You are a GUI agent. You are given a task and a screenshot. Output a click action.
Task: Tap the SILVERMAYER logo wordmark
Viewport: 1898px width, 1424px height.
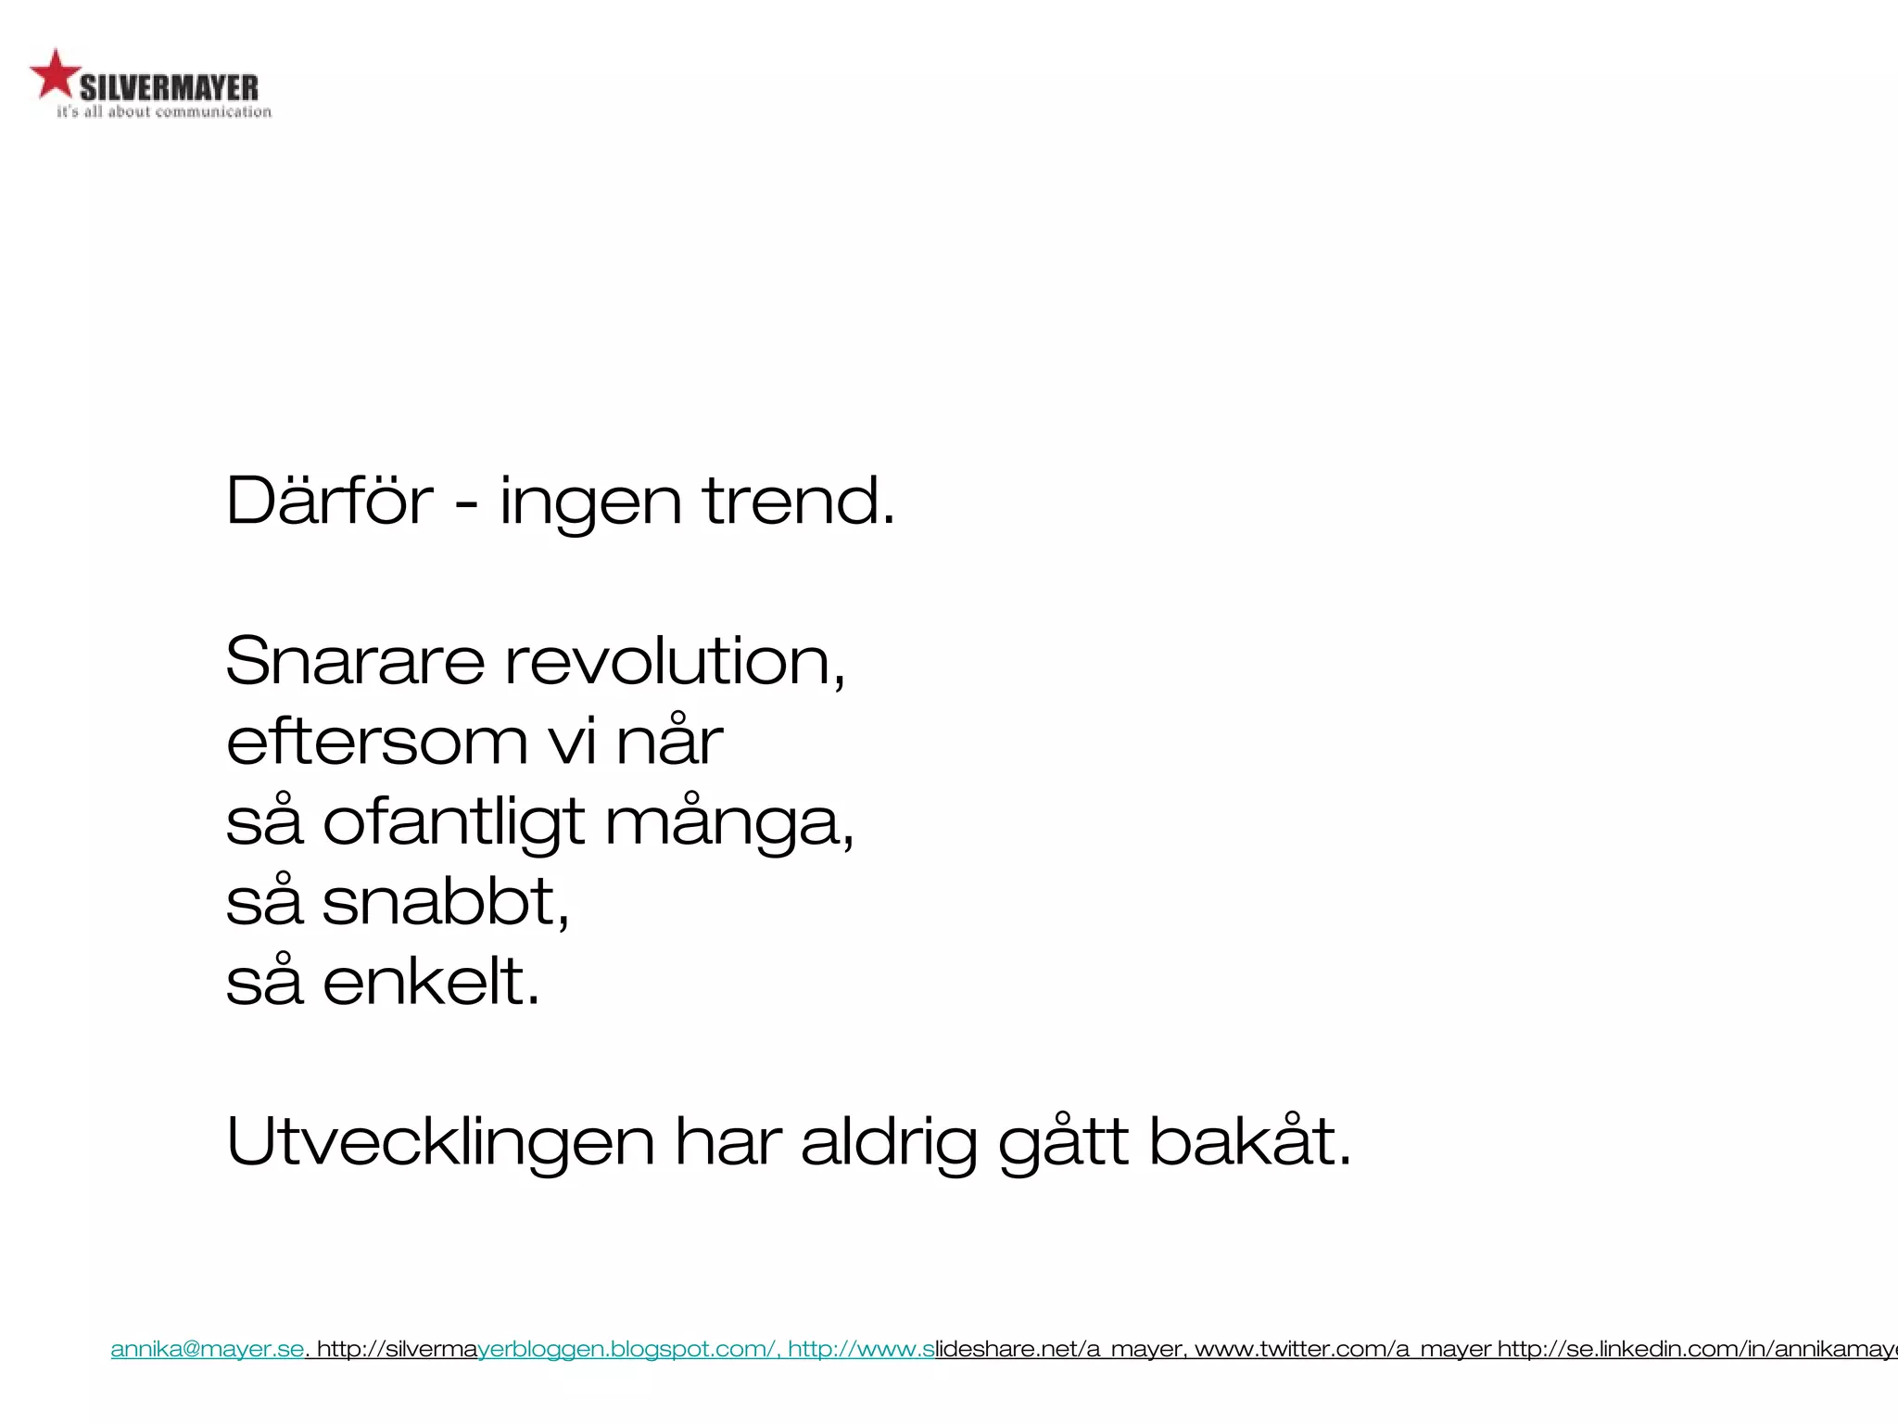pos(169,89)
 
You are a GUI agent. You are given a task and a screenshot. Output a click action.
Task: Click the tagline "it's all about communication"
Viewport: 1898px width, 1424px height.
pos(164,112)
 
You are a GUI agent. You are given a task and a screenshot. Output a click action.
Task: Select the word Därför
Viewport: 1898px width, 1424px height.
pos(330,501)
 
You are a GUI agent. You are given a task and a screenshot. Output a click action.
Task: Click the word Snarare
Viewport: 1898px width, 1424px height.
pos(355,662)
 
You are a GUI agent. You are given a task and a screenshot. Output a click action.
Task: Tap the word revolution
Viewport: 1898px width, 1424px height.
pos(675,662)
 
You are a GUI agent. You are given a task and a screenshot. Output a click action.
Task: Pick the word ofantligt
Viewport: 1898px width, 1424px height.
pos(454,823)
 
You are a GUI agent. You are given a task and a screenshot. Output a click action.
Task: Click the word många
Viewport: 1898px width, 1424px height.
pos(728,823)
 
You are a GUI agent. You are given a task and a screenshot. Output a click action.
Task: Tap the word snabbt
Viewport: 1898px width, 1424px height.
pos(445,901)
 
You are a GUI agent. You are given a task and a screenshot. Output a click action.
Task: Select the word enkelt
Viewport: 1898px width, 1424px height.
pos(431,981)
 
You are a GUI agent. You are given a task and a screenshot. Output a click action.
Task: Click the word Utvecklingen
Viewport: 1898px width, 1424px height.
pos(441,1142)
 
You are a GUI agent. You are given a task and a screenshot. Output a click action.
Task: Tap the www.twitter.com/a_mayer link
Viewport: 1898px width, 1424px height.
pos(1343,1349)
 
